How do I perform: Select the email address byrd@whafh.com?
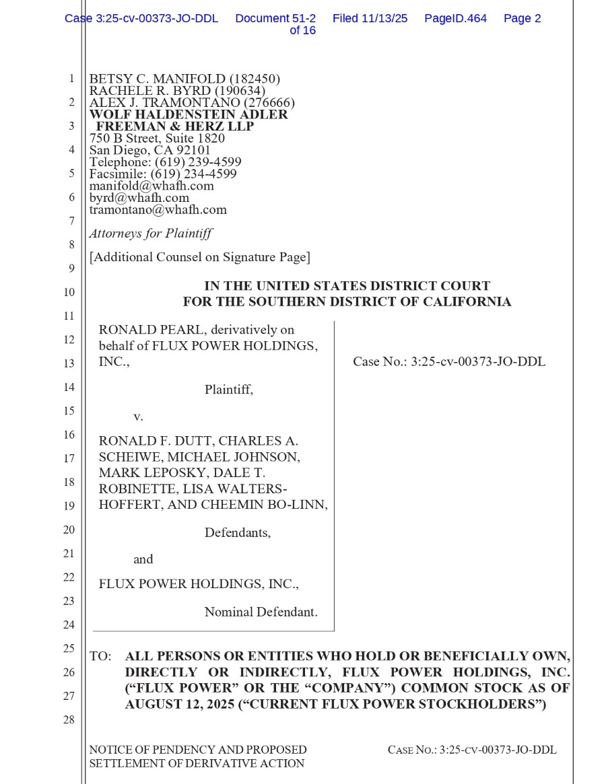tap(139, 198)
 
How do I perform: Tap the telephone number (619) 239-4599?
tap(198, 162)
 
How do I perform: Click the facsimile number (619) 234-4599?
tap(194, 174)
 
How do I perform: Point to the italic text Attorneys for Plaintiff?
tap(151, 234)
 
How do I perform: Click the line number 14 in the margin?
tap(69, 387)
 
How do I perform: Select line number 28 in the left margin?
tap(69, 720)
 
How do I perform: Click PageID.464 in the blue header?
tap(455, 19)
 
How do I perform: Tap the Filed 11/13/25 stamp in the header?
tap(370, 19)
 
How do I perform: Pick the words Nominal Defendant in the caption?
tap(261, 612)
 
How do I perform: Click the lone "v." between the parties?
tap(138, 417)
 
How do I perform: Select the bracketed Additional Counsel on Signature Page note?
tap(200, 257)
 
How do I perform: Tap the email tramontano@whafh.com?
tap(158, 209)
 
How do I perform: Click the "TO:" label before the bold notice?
tap(100, 656)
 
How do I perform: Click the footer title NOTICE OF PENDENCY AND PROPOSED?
tap(198, 750)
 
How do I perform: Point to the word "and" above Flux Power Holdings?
tap(143, 559)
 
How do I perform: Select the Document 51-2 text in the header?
tap(275, 19)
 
